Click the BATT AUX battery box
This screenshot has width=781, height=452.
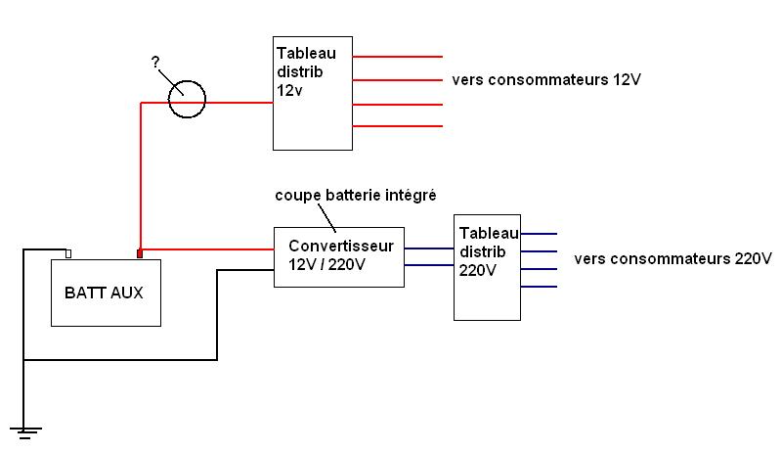click(x=105, y=292)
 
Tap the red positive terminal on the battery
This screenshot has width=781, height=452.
click(x=140, y=254)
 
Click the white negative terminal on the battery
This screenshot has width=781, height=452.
click(x=68, y=254)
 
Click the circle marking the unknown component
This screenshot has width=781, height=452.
click(x=186, y=99)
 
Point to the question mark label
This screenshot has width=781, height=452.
click(x=155, y=62)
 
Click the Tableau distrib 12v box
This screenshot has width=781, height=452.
click(x=312, y=93)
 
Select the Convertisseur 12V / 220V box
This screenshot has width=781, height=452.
click(x=338, y=256)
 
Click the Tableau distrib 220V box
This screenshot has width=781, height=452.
click(x=487, y=266)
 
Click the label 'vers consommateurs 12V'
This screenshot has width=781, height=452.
click(x=545, y=79)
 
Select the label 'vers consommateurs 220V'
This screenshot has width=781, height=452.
click(x=673, y=259)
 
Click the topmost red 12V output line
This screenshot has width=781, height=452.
click(x=397, y=56)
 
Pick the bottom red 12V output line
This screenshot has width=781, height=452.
click(x=397, y=126)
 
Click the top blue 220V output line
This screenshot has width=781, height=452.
click(x=539, y=234)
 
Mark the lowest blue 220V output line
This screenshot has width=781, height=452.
click(x=539, y=287)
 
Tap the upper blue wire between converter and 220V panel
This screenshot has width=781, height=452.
click(x=429, y=249)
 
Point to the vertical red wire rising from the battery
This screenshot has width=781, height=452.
click(x=140, y=176)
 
